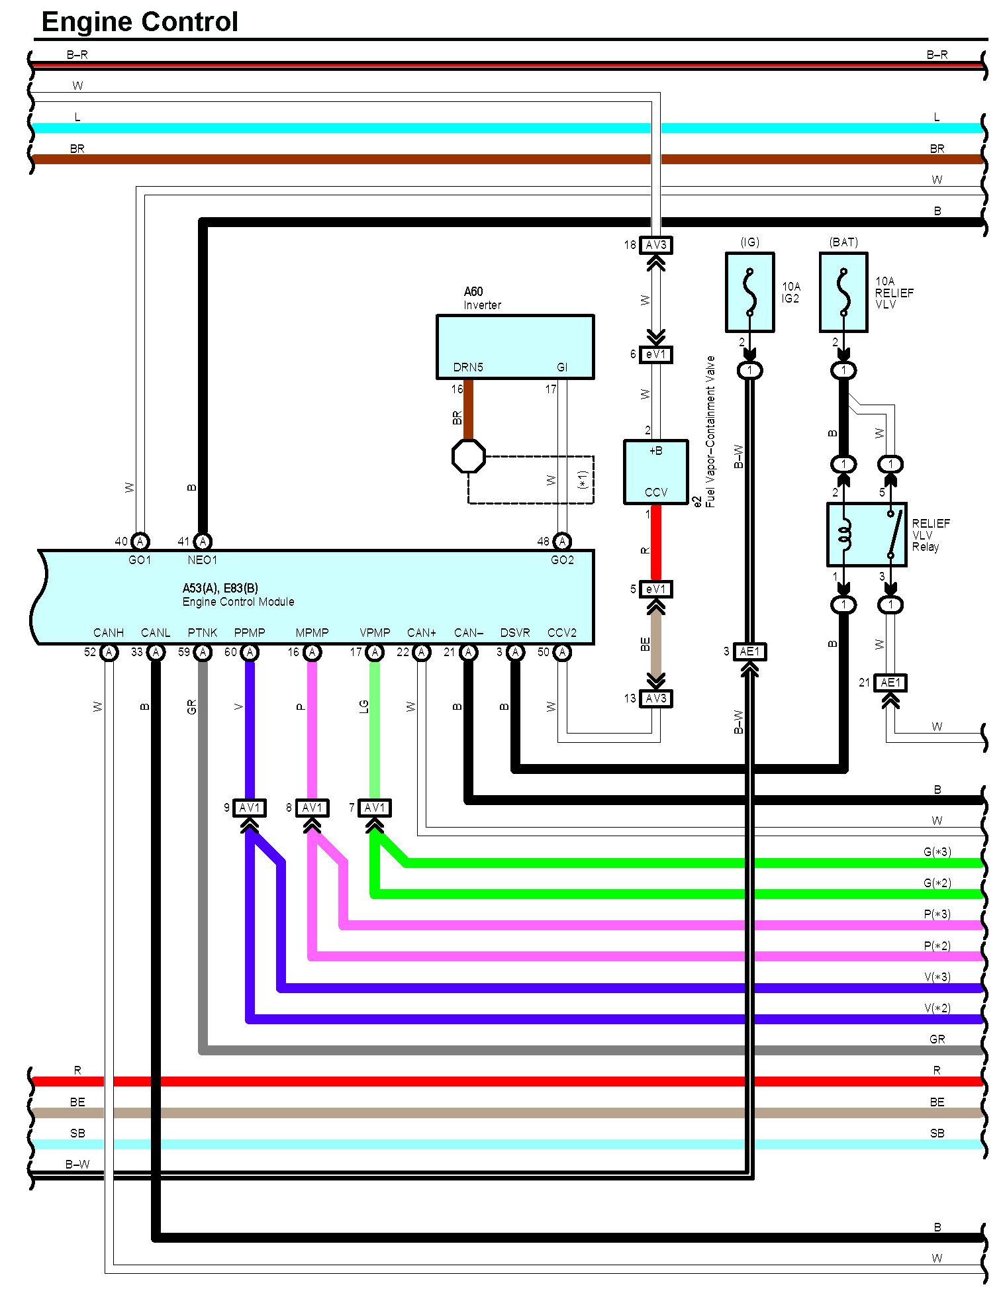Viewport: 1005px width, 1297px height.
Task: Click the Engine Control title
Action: click(139, 22)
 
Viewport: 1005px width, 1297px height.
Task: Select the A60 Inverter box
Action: click(514, 346)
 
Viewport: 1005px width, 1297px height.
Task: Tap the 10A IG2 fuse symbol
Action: click(749, 292)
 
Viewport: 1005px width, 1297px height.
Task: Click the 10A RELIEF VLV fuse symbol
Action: click(843, 292)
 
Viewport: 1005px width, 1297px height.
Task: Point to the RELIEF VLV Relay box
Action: click(866, 534)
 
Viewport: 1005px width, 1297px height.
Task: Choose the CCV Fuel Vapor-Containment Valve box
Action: click(655, 471)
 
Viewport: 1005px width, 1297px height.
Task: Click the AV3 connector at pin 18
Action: click(655, 245)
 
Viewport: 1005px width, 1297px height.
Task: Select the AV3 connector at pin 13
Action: click(655, 698)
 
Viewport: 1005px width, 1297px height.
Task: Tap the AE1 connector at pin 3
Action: click(749, 651)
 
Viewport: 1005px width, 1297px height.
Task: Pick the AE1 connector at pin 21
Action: click(890, 683)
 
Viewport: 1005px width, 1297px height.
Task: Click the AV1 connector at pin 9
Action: click(250, 808)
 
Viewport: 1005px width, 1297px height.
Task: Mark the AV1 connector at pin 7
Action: click(374, 808)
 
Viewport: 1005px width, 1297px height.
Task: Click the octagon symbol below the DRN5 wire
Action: click(468, 456)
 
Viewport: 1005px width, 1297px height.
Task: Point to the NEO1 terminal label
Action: click(202, 560)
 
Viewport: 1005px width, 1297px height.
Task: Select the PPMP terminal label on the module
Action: click(249, 633)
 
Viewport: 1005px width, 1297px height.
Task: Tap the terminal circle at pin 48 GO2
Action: click(562, 542)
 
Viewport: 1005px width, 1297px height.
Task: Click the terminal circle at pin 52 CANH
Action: click(109, 652)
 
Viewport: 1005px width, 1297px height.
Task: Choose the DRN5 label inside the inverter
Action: click(468, 367)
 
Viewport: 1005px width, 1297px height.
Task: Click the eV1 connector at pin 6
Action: click(655, 354)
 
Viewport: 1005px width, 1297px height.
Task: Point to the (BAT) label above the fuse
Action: click(843, 242)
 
